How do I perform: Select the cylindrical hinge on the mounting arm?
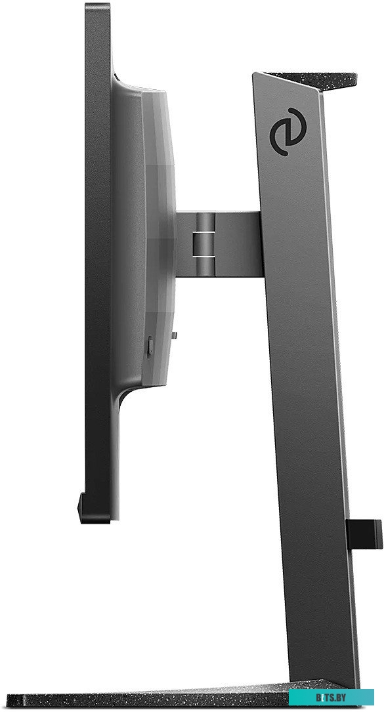(x=205, y=244)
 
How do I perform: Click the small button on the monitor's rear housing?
(x=150, y=346)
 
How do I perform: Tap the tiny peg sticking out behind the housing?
(x=174, y=335)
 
